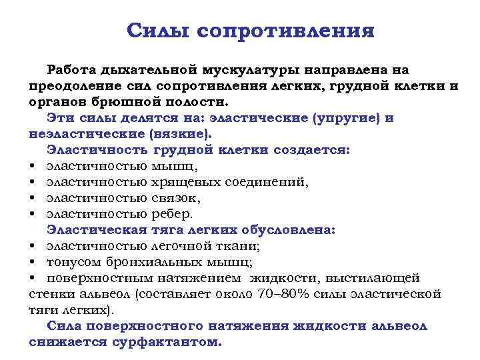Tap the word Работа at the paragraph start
(x=71, y=70)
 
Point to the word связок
(x=176, y=198)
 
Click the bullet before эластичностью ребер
(x=33, y=215)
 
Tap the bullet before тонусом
(x=33, y=262)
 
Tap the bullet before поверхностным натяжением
(x=33, y=278)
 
